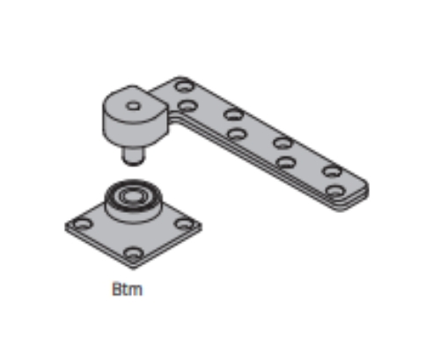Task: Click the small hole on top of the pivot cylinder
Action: click(x=133, y=106)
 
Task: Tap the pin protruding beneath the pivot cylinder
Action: click(x=134, y=156)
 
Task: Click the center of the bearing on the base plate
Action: click(x=134, y=195)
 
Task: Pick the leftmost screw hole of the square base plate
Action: click(x=82, y=224)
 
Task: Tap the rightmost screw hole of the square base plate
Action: click(x=185, y=224)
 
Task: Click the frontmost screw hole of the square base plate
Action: click(x=134, y=253)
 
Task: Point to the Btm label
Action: click(x=128, y=290)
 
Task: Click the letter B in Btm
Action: click(x=117, y=290)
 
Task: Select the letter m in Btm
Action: click(x=136, y=290)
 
